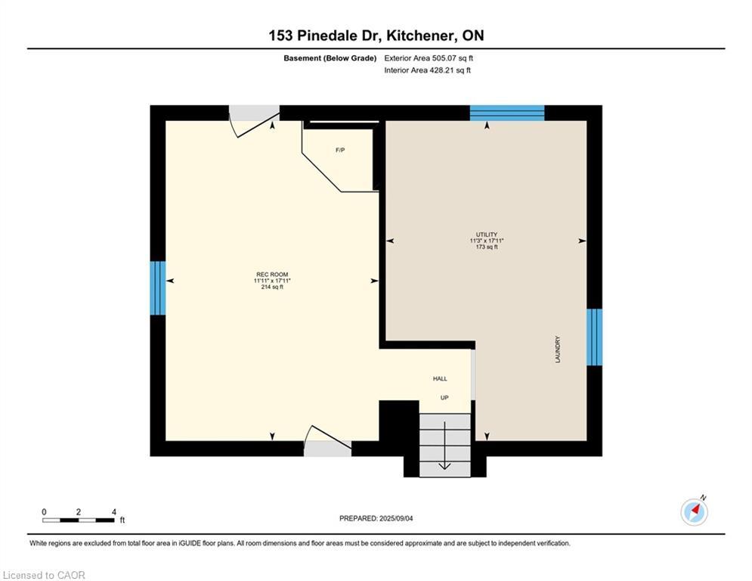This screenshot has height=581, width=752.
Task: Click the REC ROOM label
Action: pos(272,275)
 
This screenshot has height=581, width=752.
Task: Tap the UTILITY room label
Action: pos(487,235)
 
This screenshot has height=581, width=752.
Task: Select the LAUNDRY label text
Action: pos(558,350)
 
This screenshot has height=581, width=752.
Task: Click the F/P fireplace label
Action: pos(340,151)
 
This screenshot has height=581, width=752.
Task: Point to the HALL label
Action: pos(440,378)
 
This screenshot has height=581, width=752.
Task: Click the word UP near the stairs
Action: pos(444,396)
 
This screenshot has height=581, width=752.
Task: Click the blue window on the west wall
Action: pos(157,287)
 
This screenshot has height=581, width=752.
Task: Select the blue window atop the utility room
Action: pos(507,113)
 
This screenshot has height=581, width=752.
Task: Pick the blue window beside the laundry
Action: pos(595,337)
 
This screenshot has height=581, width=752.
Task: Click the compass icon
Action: pos(694,511)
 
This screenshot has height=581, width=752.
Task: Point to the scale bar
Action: pos(79,520)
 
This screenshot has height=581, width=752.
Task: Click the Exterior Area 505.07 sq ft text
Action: pos(429,57)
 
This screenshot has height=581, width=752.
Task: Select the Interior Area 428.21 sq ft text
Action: pos(427,70)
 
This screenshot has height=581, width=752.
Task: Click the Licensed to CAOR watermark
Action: pos(44,575)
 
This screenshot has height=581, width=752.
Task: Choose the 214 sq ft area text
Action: pos(272,287)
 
